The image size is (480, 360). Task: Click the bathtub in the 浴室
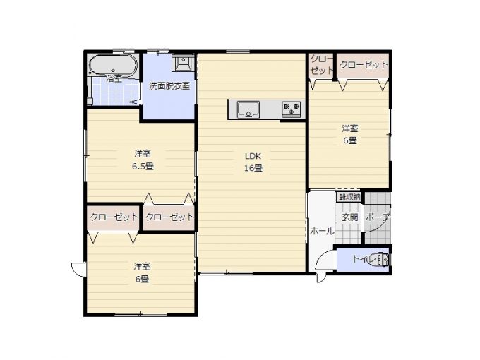113,65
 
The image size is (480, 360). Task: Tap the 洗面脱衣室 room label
169,86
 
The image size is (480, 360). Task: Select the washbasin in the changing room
183,62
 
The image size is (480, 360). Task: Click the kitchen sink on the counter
248,109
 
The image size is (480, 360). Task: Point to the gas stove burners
291,109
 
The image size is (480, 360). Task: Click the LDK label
253,156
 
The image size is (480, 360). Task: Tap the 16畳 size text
253,168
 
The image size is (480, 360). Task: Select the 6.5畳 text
143,167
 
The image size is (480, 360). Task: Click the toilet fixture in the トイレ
383,260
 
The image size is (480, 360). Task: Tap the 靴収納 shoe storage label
349,197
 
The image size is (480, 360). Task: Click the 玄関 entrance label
350,217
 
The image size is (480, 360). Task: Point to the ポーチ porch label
378,217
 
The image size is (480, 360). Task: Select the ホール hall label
322,231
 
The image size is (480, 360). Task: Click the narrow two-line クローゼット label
321,64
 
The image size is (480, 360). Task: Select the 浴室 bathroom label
114,78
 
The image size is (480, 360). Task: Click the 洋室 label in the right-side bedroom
350,128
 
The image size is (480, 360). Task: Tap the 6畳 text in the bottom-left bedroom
142,280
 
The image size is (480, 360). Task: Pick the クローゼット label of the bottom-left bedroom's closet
114,217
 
